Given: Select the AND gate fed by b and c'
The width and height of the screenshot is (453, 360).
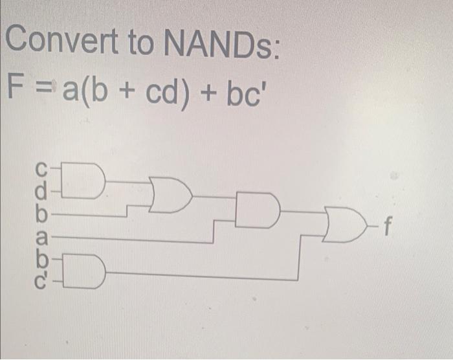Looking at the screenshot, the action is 89,273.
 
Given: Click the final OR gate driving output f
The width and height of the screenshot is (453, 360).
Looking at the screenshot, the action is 344,227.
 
